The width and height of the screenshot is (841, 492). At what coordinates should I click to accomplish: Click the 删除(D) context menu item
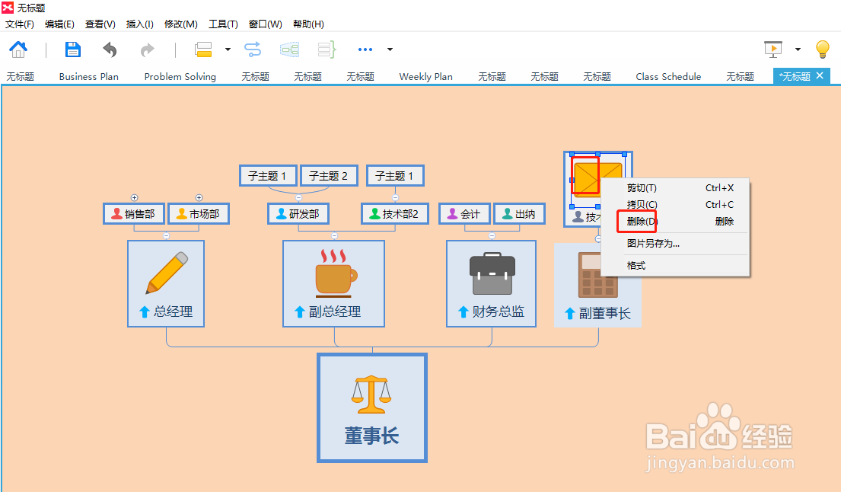click(x=642, y=222)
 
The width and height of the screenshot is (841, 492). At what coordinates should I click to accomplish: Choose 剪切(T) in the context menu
click(x=642, y=188)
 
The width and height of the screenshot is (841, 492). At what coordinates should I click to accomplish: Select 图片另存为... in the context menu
click(x=653, y=244)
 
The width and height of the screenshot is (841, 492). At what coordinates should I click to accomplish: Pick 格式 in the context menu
click(x=636, y=266)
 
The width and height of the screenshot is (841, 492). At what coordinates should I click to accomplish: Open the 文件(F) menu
click(x=20, y=24)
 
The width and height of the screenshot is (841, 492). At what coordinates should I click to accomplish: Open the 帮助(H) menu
click(x=308, y=24)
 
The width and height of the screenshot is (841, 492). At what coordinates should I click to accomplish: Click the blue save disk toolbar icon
click(x=73, y=50)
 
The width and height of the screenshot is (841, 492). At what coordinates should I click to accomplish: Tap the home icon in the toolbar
click(x=18, y=50)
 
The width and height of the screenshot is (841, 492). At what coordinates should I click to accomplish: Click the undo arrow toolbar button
click(x=110, y=50)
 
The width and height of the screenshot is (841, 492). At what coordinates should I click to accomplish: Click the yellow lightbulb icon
click(x=822, y=50)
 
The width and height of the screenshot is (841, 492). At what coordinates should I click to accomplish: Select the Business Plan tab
click(x=89, y=76)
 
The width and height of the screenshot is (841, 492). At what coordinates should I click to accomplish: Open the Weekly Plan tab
click(x=425, y=76)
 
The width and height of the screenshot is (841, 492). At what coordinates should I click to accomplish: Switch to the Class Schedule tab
click(x=668, y=76)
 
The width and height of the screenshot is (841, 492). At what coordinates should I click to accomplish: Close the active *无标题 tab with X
click(x=820, y=75)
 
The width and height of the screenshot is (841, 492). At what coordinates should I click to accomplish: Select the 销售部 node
click(x=134, y=214)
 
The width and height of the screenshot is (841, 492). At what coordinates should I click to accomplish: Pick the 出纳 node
click(x=519, y=214)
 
